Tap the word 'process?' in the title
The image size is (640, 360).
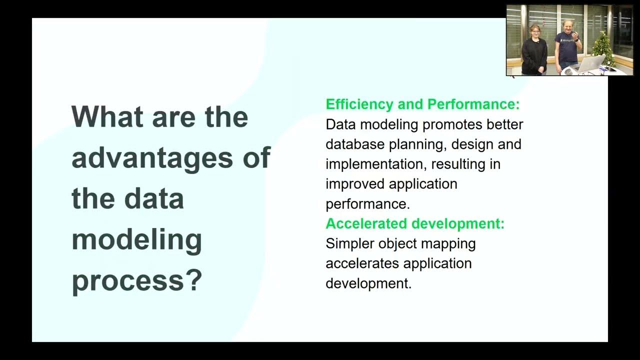click(x=136, y=281)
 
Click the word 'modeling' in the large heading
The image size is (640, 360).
click(x=136, y=240)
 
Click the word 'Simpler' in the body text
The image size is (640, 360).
click(x=350, y=243)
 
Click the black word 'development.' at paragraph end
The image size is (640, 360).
click(x=368, y=283)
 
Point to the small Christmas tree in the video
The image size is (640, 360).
click(x=603, y=48)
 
